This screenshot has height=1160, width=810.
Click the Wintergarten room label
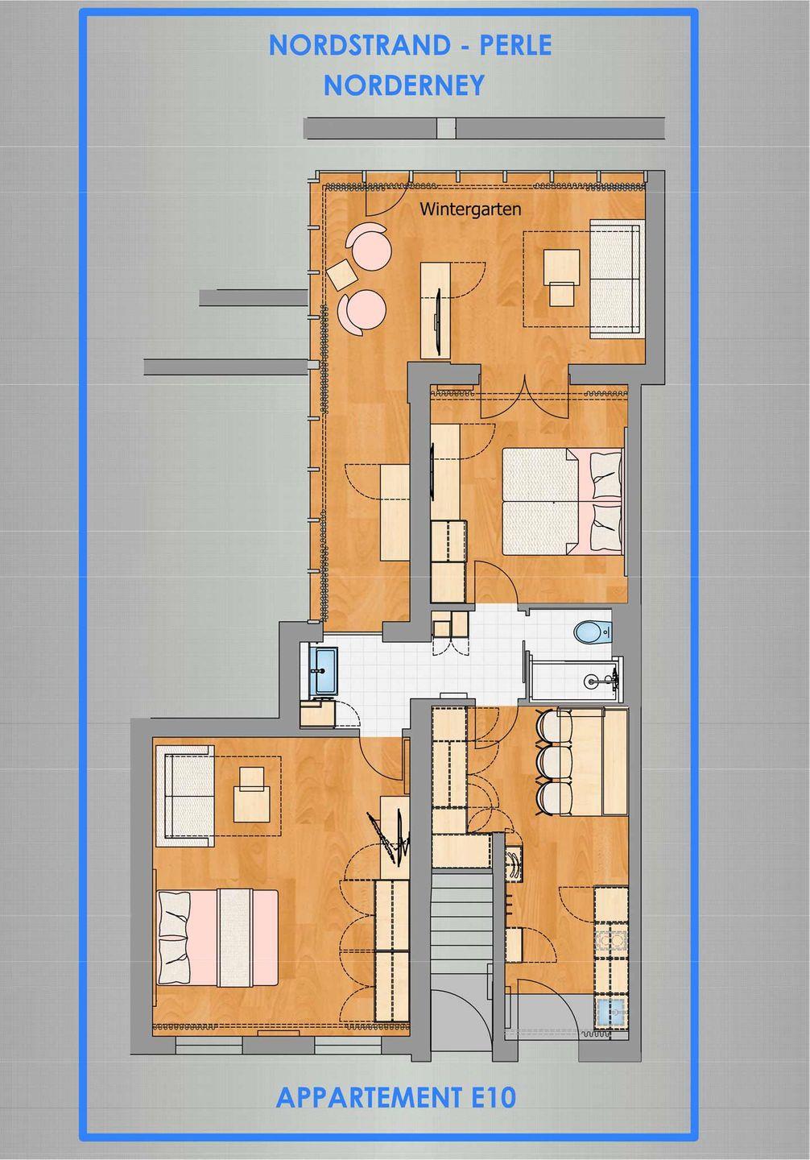[470, 209]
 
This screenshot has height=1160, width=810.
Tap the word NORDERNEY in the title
[404, 85]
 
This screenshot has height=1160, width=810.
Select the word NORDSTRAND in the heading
[360, 46]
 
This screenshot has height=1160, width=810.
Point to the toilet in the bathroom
[593, 632]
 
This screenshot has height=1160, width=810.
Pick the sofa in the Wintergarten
[617, 279]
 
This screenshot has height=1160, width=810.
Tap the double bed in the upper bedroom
[562, 502]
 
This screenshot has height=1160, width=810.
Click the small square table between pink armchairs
[341, 274]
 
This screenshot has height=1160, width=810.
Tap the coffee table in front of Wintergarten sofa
[561, 278]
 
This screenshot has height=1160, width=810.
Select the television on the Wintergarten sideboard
[437, 321]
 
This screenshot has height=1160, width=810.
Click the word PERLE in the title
[515, 46]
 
